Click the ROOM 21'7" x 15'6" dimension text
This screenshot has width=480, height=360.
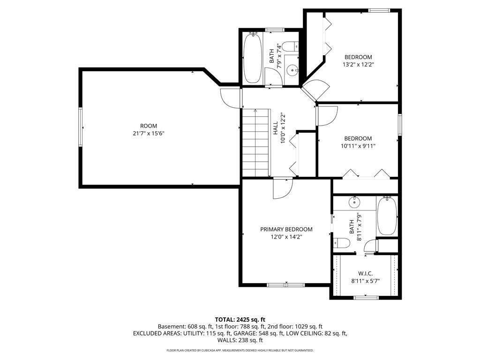149,134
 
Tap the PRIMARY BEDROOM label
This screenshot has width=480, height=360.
286,229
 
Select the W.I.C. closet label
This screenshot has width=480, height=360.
366,273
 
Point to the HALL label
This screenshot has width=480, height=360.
275,128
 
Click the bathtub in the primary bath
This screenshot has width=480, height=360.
387,216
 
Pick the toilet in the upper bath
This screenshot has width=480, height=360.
290,47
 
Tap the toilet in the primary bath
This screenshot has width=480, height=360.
341,243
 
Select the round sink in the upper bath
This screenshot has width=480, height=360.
292,70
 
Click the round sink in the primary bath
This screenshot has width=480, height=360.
354,202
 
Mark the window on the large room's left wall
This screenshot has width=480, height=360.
81,127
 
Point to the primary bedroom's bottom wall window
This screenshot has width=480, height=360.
285,285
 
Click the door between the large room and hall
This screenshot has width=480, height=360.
230,98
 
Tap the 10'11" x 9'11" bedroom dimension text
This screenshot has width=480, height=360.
358,146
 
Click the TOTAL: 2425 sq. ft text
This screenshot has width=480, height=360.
240,320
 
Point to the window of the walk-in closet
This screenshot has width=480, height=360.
366,297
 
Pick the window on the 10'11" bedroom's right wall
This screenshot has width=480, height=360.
399,124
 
